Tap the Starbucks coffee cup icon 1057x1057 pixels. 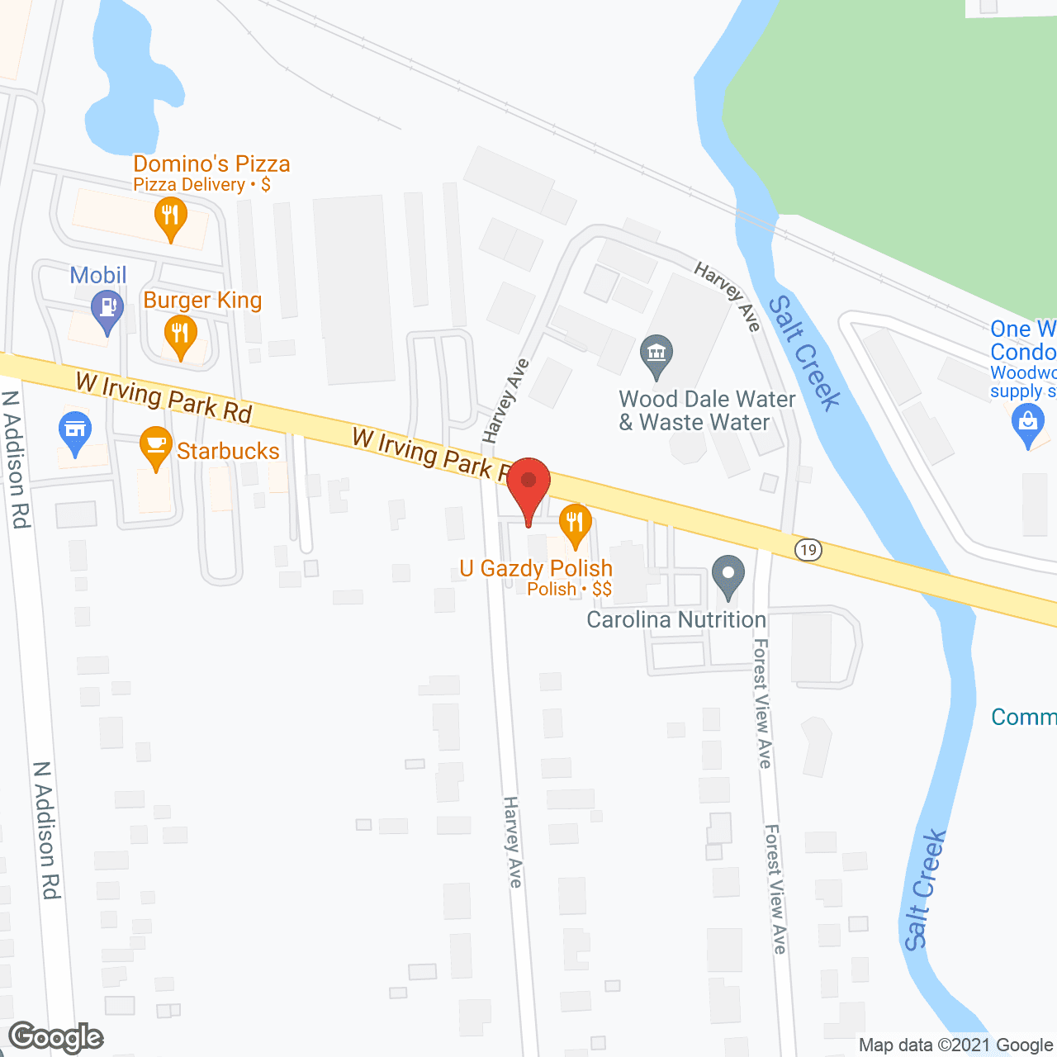(x=156, y=447)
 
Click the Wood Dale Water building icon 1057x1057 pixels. (x=656, y=355)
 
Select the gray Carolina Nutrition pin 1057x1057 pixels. (x=728, y=576)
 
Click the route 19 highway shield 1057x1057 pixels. (x=808, y=550)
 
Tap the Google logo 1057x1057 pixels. (x=56, y=1038)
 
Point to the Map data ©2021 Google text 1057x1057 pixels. (x=955, y=1045)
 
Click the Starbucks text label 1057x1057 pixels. (x=228, y=451)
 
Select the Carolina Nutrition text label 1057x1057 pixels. (x=676, y=619)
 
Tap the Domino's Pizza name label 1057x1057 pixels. (x=211, y=164)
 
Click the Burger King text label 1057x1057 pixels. (x=202, y=300)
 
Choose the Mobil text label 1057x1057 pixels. (x=98, y=275)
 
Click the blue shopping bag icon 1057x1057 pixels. (x=1027, y=424)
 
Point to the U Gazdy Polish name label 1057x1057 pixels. (x=536, y=568)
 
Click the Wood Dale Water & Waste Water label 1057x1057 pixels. (x=707, y=410)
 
